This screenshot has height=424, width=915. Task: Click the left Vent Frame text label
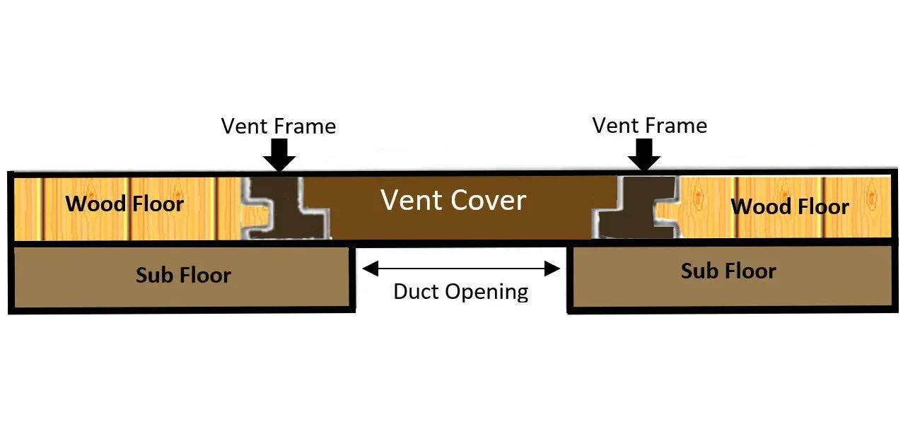(x=278, y=126)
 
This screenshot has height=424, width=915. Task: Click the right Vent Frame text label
(x=649, y=126)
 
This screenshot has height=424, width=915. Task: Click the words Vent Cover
(x=453, y=201)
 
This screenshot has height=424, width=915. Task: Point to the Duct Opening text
(x=460, y=292)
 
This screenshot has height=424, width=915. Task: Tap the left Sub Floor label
(x=183, y=275)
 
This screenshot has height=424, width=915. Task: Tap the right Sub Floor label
(x=728, y=271)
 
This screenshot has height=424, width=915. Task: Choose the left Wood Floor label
(x=124, y=204)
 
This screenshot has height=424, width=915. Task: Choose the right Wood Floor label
(x=789, y=207)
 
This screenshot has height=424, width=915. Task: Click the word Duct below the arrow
(x=415, y=292)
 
